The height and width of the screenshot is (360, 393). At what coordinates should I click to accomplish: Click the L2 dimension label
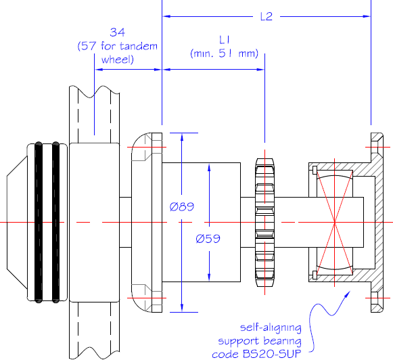(x=267, y=16)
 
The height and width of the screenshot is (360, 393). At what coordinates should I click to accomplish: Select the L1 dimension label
(x=225, y=40)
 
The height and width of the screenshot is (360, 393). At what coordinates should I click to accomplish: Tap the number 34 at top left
(x=117, y=32)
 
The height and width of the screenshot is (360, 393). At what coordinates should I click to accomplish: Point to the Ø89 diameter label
(x=182, y=206)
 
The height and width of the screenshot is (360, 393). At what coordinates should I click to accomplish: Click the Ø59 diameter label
(x=208, y=238)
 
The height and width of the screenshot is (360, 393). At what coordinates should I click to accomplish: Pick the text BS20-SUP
(x=272, y=354)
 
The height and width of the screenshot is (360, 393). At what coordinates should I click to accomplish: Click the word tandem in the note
(x=139, y=46)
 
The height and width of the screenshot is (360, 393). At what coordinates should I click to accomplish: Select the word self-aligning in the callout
(x=271, y=328)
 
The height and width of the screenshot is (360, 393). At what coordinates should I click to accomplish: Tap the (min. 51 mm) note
(x=225, y=53)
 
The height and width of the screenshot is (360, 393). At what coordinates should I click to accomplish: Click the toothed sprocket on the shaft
(x=264, y=222)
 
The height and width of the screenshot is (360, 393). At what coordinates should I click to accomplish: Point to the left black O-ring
(x=39, y=222)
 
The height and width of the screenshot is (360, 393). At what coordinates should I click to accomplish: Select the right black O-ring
(x=55, y=222)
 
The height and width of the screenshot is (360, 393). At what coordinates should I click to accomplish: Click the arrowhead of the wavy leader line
(x=348, y=294)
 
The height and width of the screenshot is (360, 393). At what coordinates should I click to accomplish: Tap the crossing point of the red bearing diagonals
(x=335, y=222)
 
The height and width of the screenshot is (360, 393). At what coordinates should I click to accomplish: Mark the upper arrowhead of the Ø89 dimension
(x=182, y=137)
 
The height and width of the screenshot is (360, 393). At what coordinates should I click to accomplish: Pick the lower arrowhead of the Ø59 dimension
(x=209, y=277)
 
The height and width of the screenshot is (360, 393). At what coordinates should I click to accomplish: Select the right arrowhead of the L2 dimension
(x=367, y=16)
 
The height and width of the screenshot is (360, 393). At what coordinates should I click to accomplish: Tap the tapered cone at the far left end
(x=17, y=222)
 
